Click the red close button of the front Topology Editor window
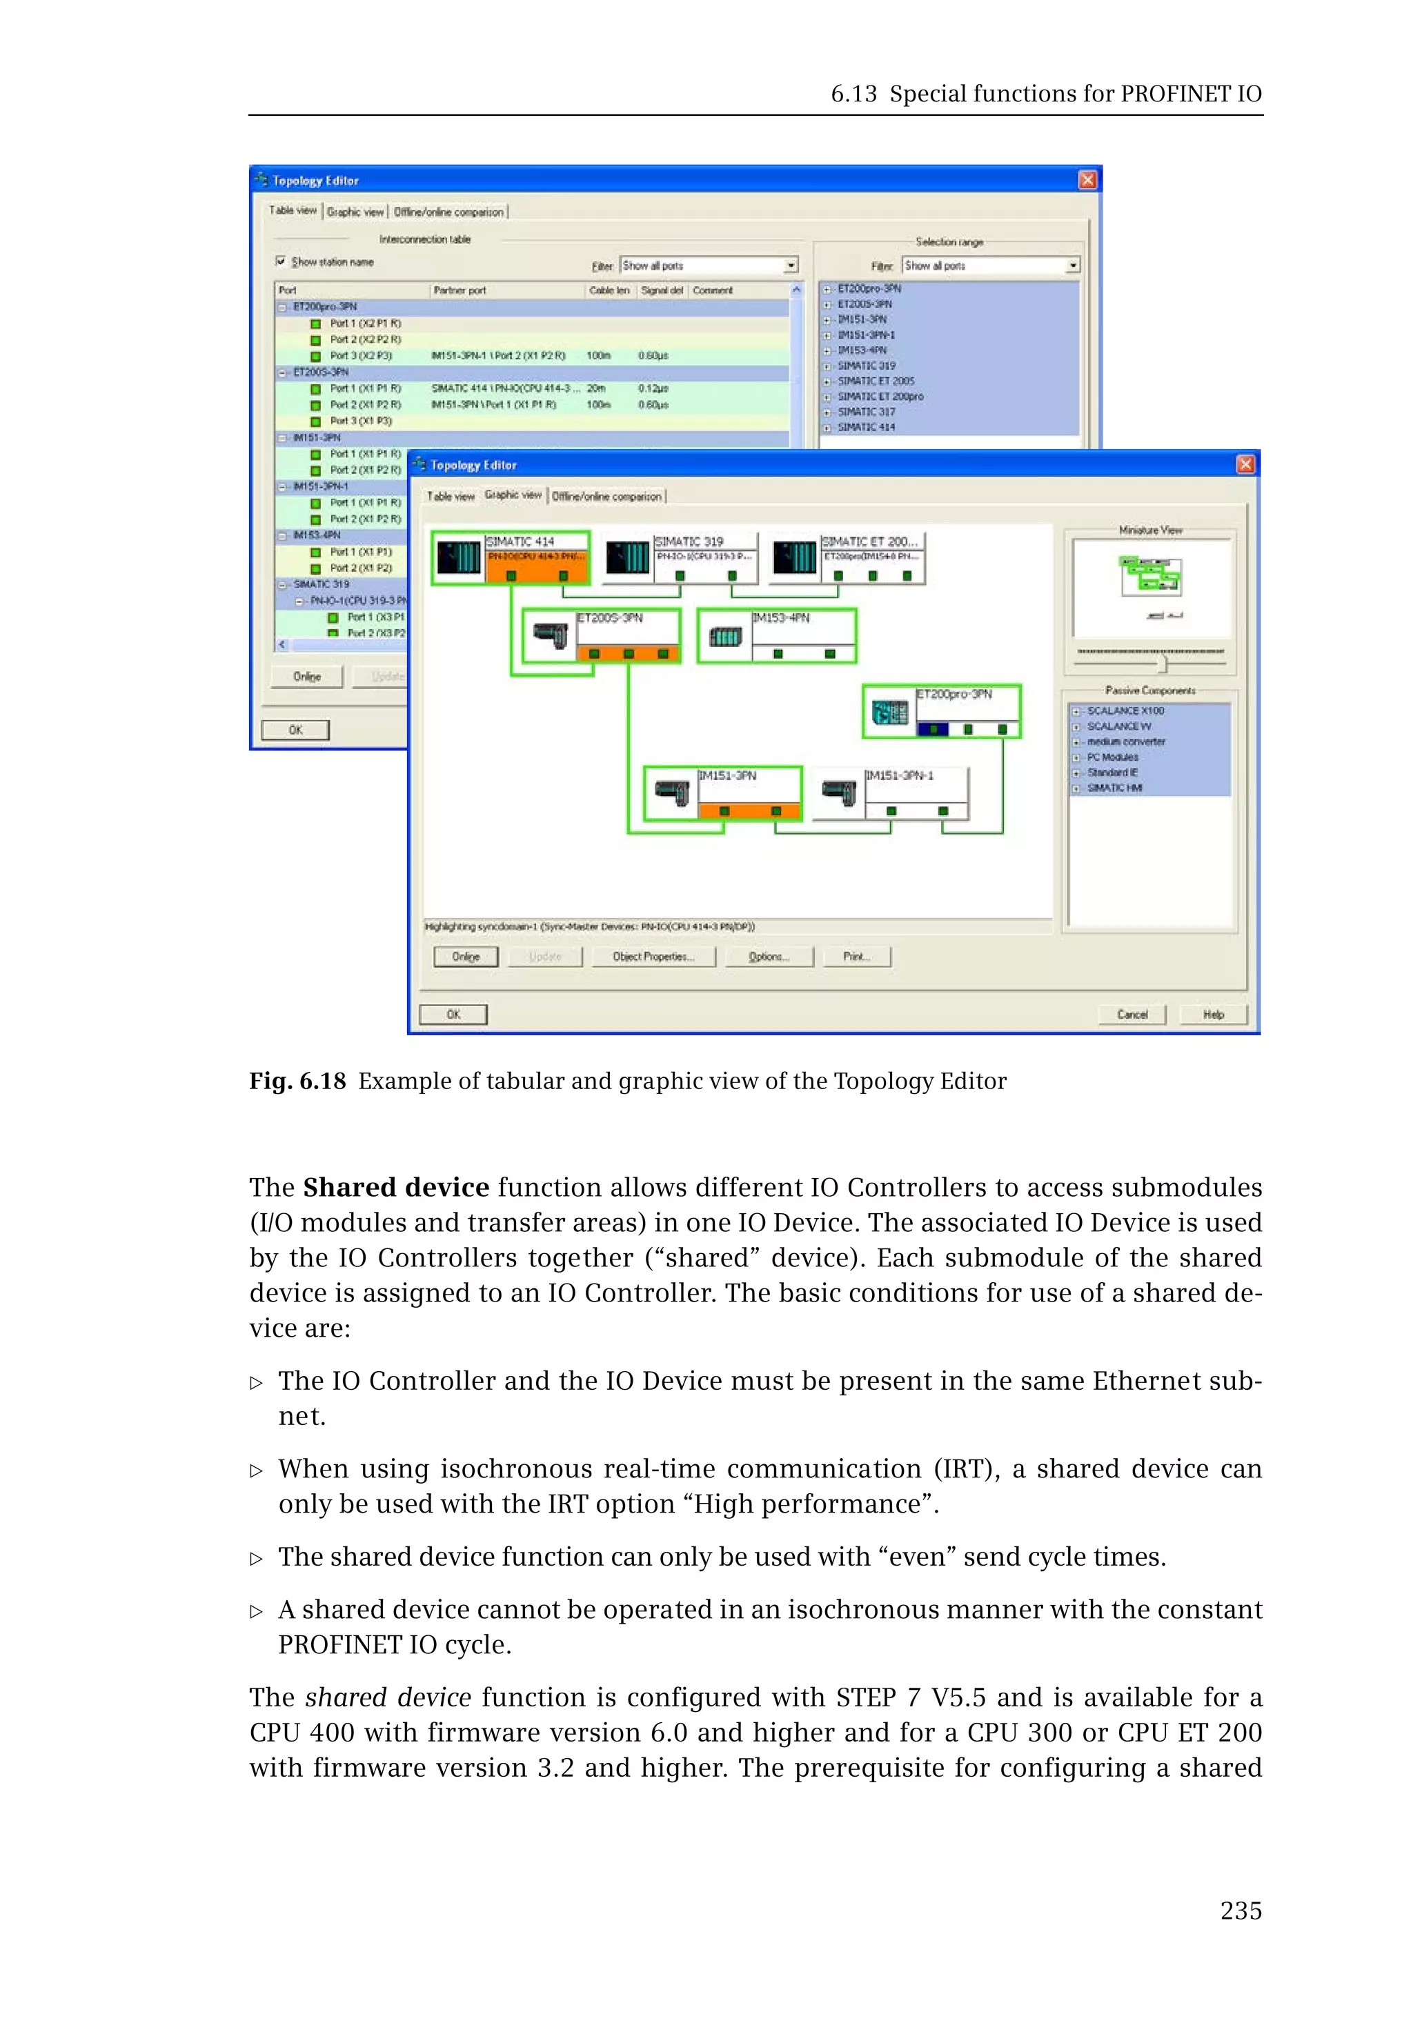tap(1245, 465)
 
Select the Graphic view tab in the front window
tap(513, 495)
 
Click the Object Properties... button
tap(653, 957)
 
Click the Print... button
tap(856, 957)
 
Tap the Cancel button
tap(1132, 1015)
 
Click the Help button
tap(1213, 1015)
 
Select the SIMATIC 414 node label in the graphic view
tap(521, 541)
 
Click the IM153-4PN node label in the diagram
tap(781, 618)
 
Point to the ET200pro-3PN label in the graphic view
tap(953, 694)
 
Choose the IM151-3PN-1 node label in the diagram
tap(900, 775)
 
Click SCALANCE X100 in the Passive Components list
tap(1125, 710)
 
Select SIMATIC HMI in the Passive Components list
tap(1115, 788)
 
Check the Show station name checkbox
tap(281, 261)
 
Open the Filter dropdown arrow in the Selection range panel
tap(1073, 266)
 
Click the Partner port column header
tap(460, 290)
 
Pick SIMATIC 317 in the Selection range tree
tap(866, 412)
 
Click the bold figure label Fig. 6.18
tap(297, 1081)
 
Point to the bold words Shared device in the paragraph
tap(396, 1187)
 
